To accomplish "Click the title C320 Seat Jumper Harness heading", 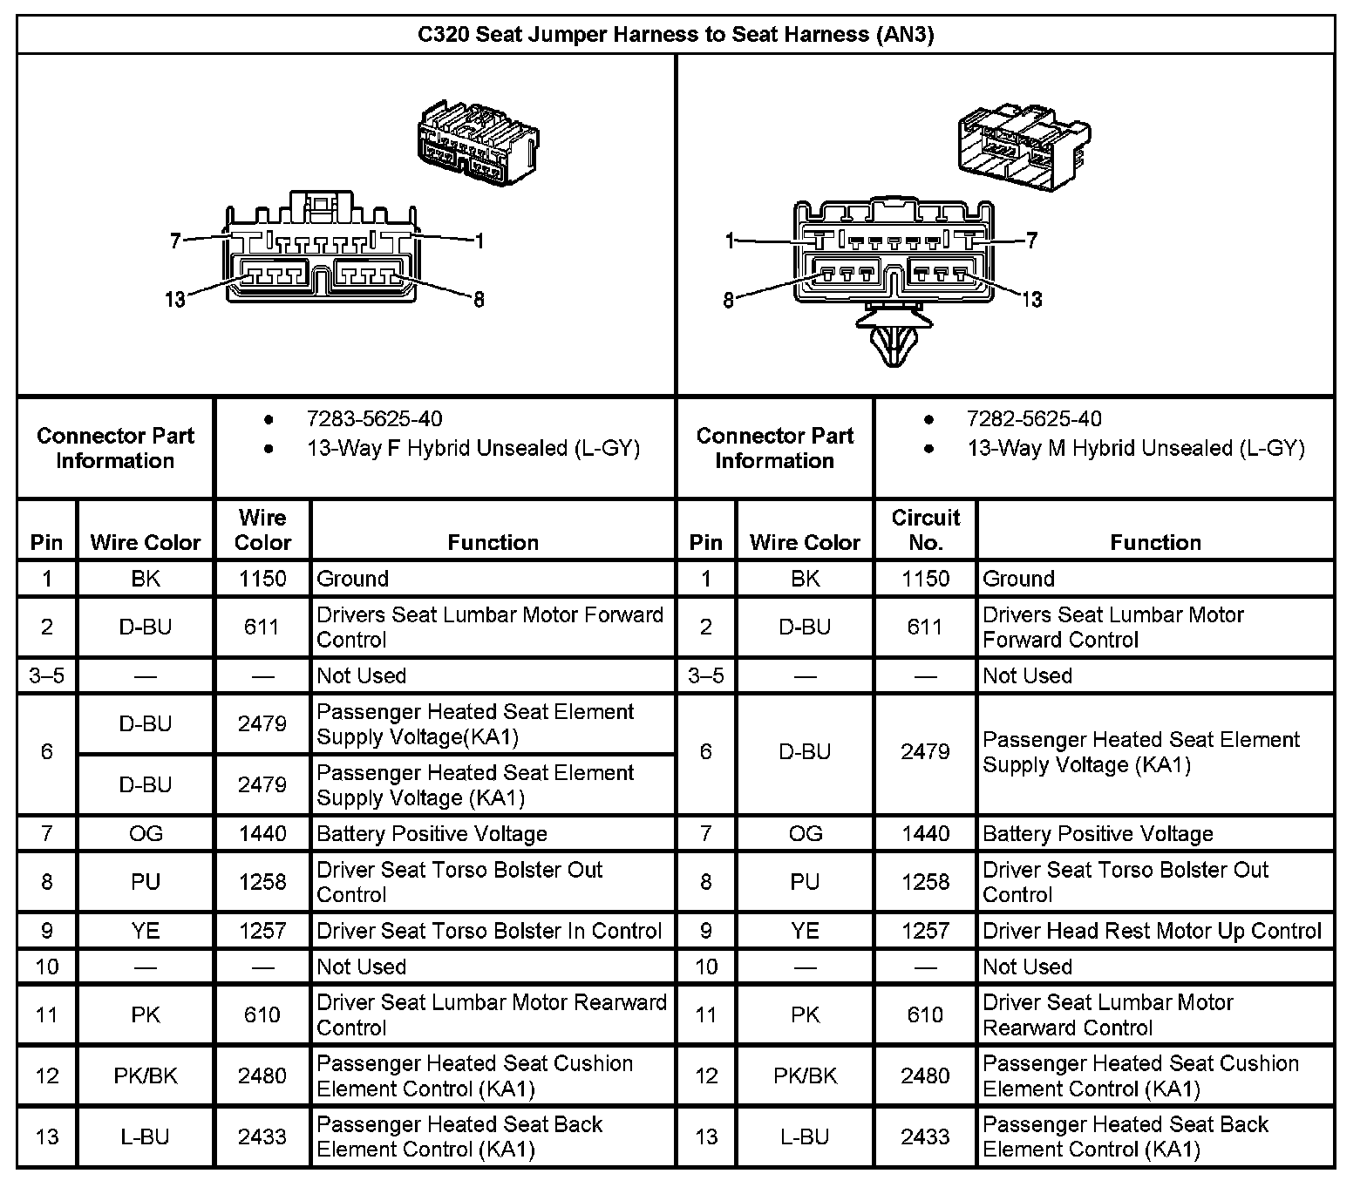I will pyautogui.click(x=676, y=35).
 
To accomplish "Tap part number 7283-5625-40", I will pyautogui.click(x=374, y=419).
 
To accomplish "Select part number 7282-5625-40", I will pyautogui.click(x=1034, y=419).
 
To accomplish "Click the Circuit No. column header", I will pyautogui.click(x=925, y=530).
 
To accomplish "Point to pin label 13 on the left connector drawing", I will pyautogui.click(x=175, y=300).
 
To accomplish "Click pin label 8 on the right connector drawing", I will pyautogui.click(x=729, y=300).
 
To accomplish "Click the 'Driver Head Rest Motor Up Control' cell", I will pyautogui.click(x=1152, y=931).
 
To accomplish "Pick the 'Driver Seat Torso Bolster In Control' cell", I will pyautogui.click(x=489, y=931).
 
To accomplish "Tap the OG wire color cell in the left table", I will pyautogui.click(x=146, y=834).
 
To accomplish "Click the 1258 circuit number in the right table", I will pyautogui.click(x=925, y=882).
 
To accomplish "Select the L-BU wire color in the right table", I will pyautogui.click(x=805, y=1136).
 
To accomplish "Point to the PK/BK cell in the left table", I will pyautogui.click(x=146, y=1075).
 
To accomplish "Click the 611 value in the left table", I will pyautogui.click(x=262, y=627).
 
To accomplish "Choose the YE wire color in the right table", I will pyautogui.click(x=805, y=931).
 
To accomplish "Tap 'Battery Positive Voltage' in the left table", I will pyautogui.click(x=432, y=834).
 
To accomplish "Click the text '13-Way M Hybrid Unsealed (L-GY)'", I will pyautogui.click(x=1135, y=449).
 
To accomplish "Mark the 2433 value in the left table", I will pyautogui.click(x=262, y=1136).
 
